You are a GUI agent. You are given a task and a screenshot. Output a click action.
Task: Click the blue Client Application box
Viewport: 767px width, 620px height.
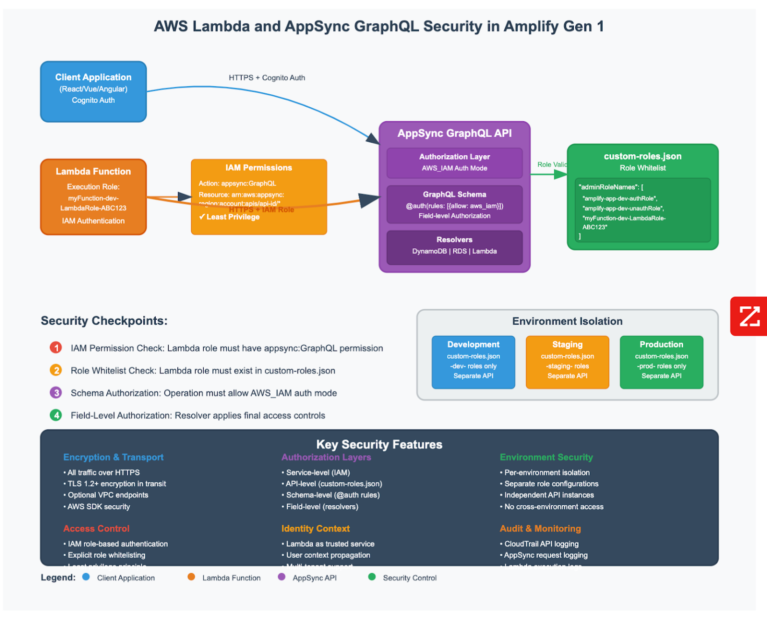(93, 91)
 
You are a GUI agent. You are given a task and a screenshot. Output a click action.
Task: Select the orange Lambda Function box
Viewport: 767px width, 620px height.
(93, 197)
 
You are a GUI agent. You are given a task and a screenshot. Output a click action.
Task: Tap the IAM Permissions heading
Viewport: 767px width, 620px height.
(258, 168)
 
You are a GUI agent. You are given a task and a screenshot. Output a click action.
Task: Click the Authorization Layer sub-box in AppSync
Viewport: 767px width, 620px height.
(454, 163)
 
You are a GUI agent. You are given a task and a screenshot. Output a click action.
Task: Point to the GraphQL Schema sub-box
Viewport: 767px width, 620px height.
(454, 205)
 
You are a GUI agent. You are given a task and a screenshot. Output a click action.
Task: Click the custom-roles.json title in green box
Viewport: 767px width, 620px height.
(642, 156)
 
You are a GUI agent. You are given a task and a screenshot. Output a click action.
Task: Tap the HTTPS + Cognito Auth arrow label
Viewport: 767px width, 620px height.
(267, 78)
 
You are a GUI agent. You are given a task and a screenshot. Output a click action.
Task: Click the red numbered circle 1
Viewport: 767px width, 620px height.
(56, 348)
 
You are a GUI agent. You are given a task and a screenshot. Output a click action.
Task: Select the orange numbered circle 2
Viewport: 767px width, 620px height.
(56, 370)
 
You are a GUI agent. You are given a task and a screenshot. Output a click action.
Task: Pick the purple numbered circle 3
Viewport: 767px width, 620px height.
(56, 393)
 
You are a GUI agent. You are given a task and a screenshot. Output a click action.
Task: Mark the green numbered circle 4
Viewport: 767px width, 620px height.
(56, 415)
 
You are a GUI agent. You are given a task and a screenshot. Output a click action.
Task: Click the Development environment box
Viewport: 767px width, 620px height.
(473, 362)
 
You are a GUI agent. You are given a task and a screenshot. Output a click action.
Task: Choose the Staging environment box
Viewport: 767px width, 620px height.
(567, 362)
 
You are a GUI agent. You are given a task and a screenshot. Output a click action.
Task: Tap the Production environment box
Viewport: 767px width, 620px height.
(661, 362)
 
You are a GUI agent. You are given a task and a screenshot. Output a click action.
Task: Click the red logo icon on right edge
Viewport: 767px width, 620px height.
(749, 316)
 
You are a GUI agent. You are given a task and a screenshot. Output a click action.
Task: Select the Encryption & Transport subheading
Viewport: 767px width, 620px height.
(113, 457)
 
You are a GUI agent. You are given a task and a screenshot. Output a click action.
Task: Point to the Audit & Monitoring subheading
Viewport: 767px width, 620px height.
(540, 528)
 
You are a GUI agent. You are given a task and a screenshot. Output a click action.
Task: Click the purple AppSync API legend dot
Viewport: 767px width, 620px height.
(282, 577)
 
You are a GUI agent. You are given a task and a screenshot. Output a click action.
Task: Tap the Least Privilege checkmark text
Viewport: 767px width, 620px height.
(229, 217)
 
